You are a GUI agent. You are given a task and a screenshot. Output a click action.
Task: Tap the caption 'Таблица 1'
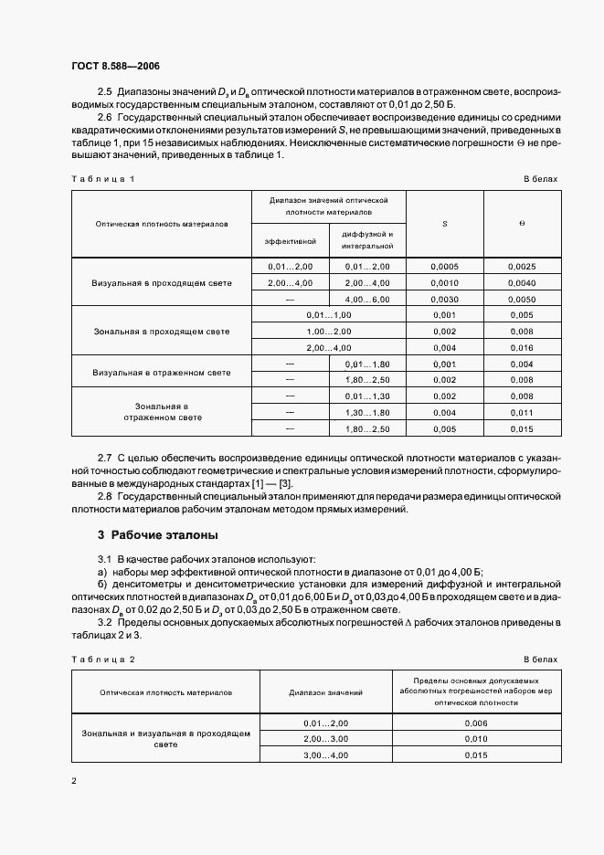click(x=102, y=179)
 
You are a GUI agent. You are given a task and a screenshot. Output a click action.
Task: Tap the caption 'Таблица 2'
click(x=102, y=659)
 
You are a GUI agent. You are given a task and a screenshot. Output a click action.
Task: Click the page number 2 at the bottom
click(x=74, y=780)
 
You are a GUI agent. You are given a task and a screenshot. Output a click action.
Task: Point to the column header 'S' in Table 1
click(x=444, y=223)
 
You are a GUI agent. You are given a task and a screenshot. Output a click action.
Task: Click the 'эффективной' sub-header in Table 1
click(x=291, y=241)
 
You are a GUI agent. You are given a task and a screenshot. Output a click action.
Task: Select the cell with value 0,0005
click(x=444, y=267)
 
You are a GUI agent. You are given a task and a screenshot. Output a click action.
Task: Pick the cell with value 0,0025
click(x=522, y=267)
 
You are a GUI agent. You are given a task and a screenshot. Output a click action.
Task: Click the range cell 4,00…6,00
click(x=367, y=299)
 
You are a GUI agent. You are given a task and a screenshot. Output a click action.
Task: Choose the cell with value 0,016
click(x=522, y=347)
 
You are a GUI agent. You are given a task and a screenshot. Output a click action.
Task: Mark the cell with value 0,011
click(x=522, y=412)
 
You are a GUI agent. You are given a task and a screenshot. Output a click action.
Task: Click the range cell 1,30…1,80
click(x=367, y=412)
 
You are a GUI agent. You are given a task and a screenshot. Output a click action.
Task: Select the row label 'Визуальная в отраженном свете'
click(x=162, y=372)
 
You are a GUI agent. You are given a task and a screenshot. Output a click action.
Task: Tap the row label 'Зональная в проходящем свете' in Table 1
click(x=162, y=331)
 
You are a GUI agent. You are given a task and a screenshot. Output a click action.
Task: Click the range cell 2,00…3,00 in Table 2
click(x=326, y=738)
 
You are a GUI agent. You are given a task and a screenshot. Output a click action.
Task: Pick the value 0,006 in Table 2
click(x=477, y=723)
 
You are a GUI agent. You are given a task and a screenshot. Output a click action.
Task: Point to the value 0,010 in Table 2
click(x=477, y=738)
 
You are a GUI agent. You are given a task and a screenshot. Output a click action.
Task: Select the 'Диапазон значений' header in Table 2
click(x=326, y=693)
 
